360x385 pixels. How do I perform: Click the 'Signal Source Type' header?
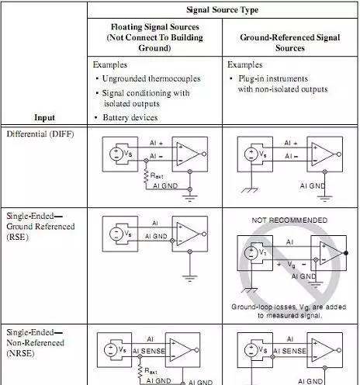tap(222, 10)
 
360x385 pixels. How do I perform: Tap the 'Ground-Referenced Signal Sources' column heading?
tap(290, 43)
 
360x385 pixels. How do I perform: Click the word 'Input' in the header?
tap(44, 117)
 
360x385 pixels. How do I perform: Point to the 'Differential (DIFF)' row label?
tap(40, 134)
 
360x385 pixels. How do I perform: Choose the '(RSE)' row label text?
tap(17, 237)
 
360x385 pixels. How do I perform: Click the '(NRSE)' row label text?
tap(20, 353)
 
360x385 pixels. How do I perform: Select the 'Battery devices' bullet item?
tap(130, 118)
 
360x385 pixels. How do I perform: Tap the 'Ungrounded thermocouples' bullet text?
tap(151, 78)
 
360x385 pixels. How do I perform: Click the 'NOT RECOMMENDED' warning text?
tap(289, 220)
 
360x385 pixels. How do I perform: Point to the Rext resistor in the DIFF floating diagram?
tap(146, 176)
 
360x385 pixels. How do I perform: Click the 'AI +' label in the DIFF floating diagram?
tap(157, 143)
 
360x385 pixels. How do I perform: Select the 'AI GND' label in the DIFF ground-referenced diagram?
tap(313, 186)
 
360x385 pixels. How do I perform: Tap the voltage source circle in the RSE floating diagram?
tap(116, 234)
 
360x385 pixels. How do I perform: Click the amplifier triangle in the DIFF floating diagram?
tap(187, 154)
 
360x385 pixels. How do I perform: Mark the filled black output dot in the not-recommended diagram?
tap(346, 253)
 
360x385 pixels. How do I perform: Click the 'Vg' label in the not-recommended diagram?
tap(292, 265)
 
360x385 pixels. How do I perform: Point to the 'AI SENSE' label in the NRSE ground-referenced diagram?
tap(290, 351)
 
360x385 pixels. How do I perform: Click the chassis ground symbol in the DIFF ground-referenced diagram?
tap(250, 190)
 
